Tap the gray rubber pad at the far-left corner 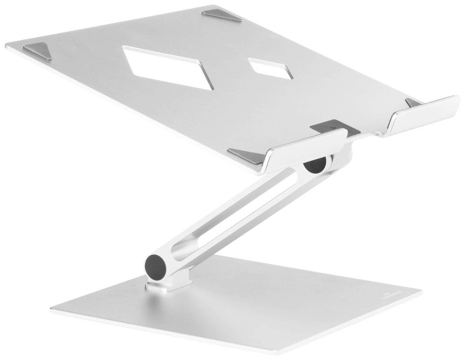(38, 50)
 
